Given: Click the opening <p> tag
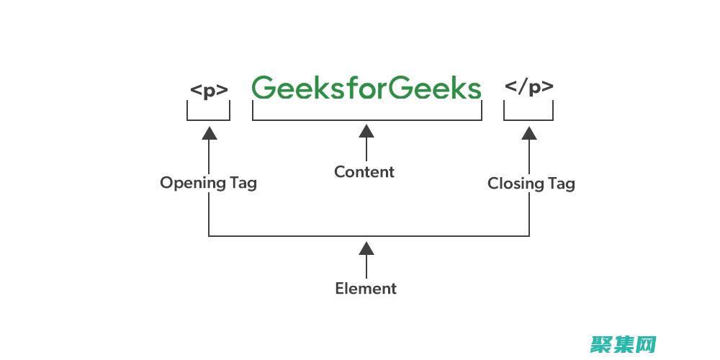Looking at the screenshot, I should coord(209,91).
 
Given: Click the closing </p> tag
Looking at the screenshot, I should coord(529,88).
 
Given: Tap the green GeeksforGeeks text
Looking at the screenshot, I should coord(366,88).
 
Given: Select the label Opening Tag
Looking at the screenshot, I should coord(208,183).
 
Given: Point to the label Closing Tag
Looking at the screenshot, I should coord(531,184).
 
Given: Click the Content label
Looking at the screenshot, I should coord(364,172).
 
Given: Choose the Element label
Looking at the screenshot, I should coord(366,289).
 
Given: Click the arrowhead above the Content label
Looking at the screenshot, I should coord(366,131).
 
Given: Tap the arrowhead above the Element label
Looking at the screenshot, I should coord(366,248).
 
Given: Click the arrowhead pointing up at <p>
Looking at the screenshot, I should coord(209,132).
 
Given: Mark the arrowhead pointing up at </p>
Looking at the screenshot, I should coord(529,132).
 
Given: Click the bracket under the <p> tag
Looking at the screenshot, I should coord(209,120).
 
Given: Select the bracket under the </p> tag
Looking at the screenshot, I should coord(528,120).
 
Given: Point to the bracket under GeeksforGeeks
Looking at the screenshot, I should coord(366,120).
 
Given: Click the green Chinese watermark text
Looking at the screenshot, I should coord(624,344).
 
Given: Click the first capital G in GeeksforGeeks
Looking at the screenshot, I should coord(265,88).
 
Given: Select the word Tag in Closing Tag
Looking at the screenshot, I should coord(561,184).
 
